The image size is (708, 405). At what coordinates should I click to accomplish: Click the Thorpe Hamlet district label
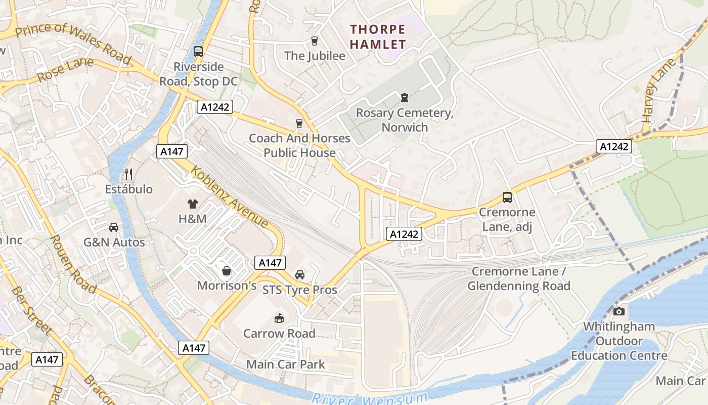(378, 37)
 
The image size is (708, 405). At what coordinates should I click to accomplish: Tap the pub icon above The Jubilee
(315, 41)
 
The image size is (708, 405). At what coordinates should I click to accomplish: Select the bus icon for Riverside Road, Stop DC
(198, 52)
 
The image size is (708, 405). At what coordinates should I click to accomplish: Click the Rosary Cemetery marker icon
(404, 97)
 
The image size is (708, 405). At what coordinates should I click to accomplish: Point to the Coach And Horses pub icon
(299, 123)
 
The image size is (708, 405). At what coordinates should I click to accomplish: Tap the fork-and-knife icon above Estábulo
(128, 174)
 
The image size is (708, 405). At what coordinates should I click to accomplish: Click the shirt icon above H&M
(193, 204)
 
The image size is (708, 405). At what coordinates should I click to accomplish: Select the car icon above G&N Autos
(114, 227)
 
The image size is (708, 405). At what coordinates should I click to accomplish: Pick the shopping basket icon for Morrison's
(227, 271)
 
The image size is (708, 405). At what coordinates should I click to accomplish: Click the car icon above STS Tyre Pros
(300, 275)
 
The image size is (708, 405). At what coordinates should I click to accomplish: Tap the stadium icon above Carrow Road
(279, 318)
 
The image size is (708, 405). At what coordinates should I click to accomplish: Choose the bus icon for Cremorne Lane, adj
(507, 197)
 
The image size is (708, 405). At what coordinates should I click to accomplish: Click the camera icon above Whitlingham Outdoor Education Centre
(618, 311)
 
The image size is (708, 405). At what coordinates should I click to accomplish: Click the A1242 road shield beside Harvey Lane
(614, 147)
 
